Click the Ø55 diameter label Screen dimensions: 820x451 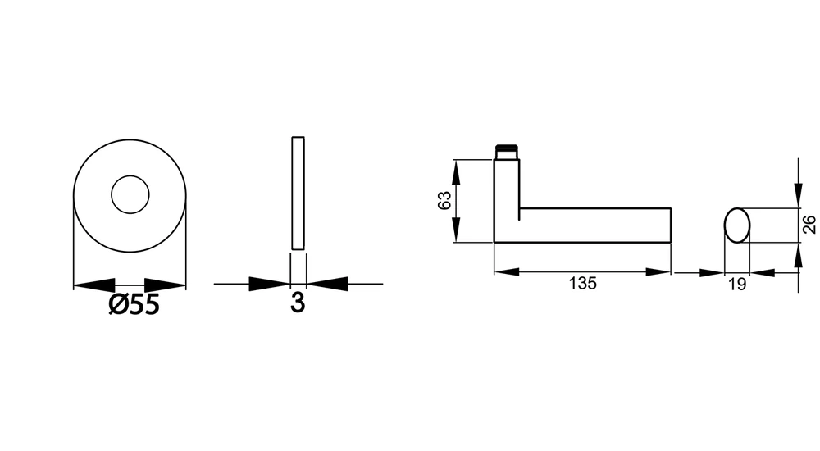[134, 304]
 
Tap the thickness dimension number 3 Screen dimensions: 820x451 [298, 303]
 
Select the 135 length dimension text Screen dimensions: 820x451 [582, 283]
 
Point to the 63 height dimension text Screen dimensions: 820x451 [444, 200]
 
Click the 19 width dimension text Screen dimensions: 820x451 [737, 284]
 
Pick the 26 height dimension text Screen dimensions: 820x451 [809, 225]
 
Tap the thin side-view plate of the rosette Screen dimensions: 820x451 [298, 193]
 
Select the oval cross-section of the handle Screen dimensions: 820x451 [737, 225]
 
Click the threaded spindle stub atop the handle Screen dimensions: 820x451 [507, 152]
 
